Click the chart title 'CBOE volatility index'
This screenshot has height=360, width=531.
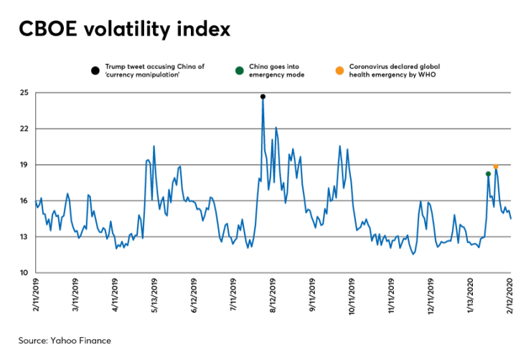125,29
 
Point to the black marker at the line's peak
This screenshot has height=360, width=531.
263,96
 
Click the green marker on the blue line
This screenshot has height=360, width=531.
488,174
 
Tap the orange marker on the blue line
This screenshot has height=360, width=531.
496,166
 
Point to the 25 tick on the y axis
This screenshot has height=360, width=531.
24,93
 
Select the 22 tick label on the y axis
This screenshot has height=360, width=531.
24,129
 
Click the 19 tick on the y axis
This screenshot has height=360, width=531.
24,165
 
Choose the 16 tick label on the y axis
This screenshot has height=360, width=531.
24,201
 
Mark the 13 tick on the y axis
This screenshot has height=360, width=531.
24,237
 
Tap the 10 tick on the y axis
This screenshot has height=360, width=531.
24,273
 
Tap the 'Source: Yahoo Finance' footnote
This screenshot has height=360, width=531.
65,340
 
